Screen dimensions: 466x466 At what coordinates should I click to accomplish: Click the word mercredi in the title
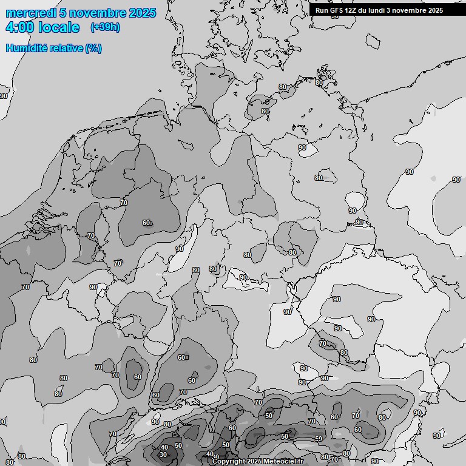click(30, 13)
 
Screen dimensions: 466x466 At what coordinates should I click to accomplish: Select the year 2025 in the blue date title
click(143, 13)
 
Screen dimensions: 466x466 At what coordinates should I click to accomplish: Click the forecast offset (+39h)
click(105, 27)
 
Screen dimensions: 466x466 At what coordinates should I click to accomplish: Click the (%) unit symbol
click(94, 49)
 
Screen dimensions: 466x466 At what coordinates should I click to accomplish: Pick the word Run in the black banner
click(322, 10)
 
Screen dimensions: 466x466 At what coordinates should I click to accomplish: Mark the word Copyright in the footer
click(229, 462)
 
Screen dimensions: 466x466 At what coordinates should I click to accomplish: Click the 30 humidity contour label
click(163, 454)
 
